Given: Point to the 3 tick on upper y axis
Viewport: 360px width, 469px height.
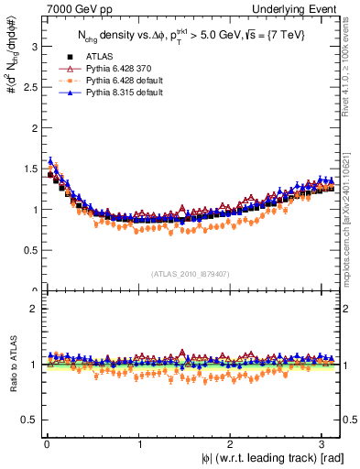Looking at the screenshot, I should [28, 46].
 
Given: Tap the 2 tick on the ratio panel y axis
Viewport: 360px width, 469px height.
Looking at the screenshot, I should [28, 309].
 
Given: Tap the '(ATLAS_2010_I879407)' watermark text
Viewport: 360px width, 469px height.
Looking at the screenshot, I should [191, 273].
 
